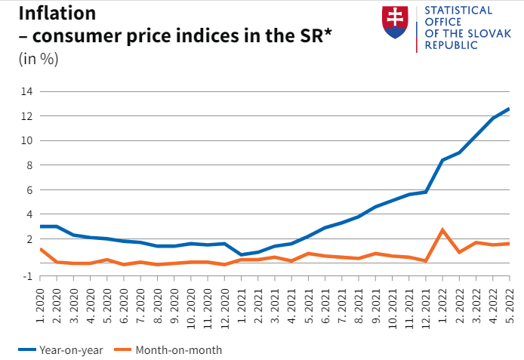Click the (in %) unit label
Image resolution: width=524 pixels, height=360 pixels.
pyautogui.click(x=38, y=60)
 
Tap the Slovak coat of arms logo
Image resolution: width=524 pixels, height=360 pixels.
pyautogui.click(x=396, y=23)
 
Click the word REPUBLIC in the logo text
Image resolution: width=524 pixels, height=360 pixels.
pyautogui.click(x=452, y=45)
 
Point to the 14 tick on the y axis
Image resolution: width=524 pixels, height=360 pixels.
pyautogui.click(x=26, y=91)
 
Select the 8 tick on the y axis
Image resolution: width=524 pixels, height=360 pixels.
pyautogui.click(x=29, y=165)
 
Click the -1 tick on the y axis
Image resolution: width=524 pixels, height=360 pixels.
pyautogui.click(x=28, y=275)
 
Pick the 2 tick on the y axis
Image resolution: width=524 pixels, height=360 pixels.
pyautogui.click(x=29, y=239)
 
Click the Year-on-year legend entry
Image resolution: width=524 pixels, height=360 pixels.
pyautogui.click(x=61, y=349)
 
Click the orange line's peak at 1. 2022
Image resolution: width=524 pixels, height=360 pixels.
pyautogui.click(x=442, y=229)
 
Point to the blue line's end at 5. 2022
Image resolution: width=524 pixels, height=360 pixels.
pyautogui.click(x=509, y=109)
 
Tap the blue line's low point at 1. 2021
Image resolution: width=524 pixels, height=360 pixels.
pyautogui.click(x=242, y=255)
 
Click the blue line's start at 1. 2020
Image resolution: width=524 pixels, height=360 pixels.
pyautogui.click(x=40, y=226)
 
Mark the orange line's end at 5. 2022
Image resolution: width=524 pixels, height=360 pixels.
pyautogui.click(x=509, y=243)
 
